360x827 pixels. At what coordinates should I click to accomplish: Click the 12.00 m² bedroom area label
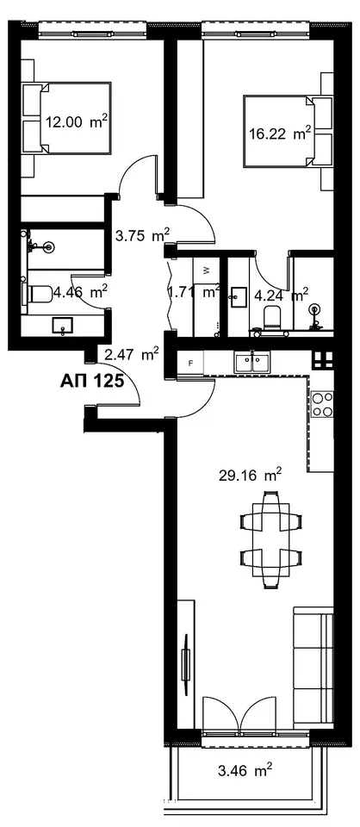click(77, 122)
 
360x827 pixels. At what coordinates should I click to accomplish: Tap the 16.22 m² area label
click(279, 133)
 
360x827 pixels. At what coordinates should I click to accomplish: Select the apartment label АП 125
click(93, 380)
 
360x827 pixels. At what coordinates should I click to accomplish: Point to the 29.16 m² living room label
click(250, 476)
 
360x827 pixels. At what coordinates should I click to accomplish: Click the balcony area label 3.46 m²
click(245, 771)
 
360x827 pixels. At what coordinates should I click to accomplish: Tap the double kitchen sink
click(252, 364)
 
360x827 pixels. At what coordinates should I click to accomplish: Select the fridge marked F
click(191, 364)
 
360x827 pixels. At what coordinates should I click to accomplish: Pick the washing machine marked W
click(206, 270)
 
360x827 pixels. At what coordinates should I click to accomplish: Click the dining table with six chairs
click(271, 539)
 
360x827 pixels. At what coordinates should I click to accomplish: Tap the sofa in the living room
click(313, 666)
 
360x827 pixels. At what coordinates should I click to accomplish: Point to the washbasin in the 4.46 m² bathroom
click(63, 326)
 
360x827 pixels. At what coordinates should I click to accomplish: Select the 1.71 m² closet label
click(194, 292)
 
